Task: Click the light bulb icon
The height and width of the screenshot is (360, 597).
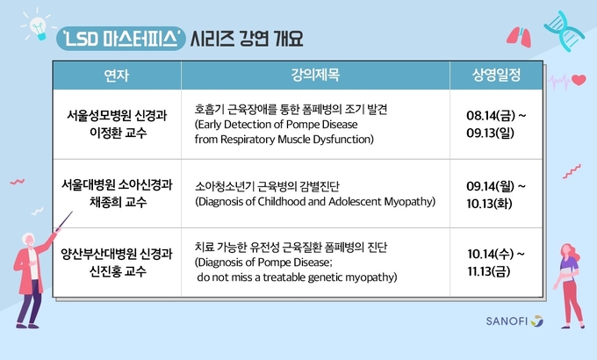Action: pyautogui.click(x=39, y=28)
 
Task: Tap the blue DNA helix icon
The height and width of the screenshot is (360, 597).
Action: pyautogui.click(x=564, y=31)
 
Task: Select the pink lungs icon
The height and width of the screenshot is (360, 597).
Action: pyautogui.click(x=519, y=37)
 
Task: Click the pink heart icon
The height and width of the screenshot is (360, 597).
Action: pyautogui.click(x=579, y=80)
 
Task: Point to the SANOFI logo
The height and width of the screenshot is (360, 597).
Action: pyautogui.click(x=514, y=321)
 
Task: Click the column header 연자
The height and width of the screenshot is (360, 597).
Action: pyautogui.click(x=117, y=76)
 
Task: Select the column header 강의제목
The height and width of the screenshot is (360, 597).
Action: pyautogui.click(x=315, y=75)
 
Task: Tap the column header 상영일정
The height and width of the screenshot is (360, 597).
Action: pyautogui.click(x=496, y=75)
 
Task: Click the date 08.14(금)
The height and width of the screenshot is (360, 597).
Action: pyautogui.click(x=491, y=115)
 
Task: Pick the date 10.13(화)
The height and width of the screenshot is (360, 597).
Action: pyautogui.click(x=489, y=204)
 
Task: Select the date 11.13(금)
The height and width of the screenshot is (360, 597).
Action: pyautogui.click(x=489, y=271)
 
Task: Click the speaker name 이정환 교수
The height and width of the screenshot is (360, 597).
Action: pyautogui.click(x=118, y=133)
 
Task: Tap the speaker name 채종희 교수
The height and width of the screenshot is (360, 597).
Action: pyautogui.click(x=118, y=202)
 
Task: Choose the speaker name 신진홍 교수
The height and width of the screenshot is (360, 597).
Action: pyautogui.click(x=118, y=271)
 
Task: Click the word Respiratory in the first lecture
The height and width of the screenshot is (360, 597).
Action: pyautogui.click(x=248, y=140)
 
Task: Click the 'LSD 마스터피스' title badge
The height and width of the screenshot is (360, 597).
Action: pyautogui.click(x=121, y=39)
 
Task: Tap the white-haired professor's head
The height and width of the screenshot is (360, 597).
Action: pyautogui.click(x=29, y=240)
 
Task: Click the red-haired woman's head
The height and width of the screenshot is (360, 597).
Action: pyautogui.click(x=569, y=251)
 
